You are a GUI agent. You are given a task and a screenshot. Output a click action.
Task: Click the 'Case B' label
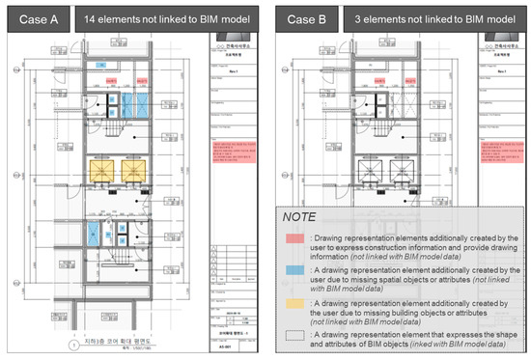pyautogui.click(x=302, y=18)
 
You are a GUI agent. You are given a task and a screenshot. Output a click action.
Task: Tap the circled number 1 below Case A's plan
pyautogui.click(x=74, y=345)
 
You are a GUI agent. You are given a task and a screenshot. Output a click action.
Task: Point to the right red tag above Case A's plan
pyautogui.click(x=141, y=82)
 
